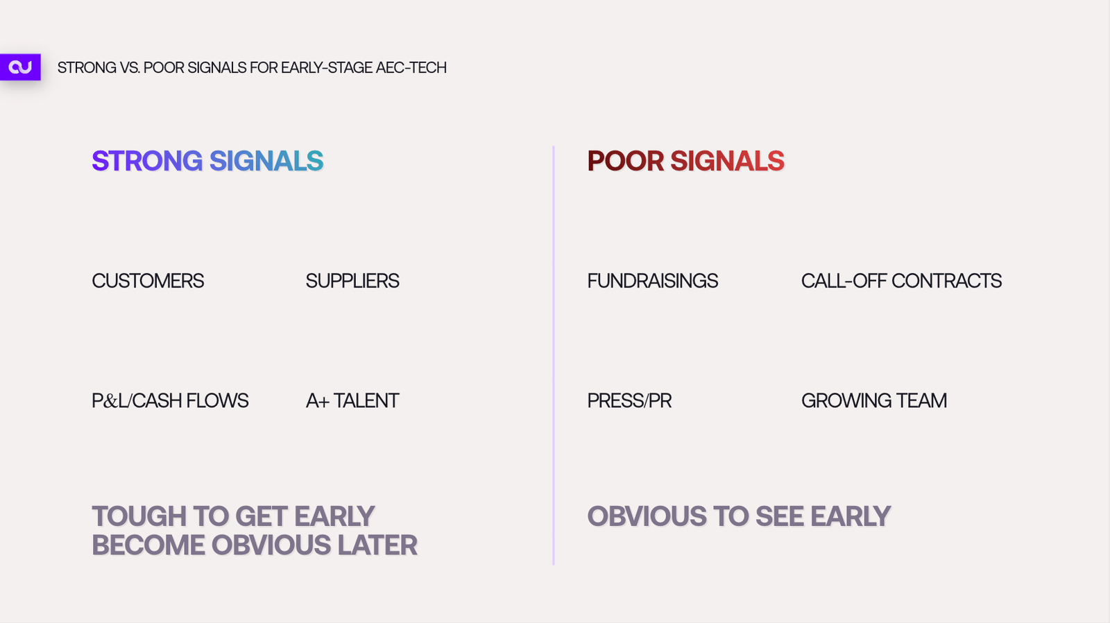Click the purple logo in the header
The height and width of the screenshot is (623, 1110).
tap(20, 67)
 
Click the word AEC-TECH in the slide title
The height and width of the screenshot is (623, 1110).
tap(411, 67)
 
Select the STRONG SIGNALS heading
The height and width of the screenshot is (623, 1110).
tap(207, 161)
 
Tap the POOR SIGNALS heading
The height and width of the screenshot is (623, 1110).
tap(686, 161)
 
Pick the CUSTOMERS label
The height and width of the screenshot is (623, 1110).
tap(148, 281)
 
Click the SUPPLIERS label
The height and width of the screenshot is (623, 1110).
tap(352, 281)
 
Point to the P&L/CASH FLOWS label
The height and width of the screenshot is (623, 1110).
tap(170, 401)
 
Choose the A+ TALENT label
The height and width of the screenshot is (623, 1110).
tap(352, 401)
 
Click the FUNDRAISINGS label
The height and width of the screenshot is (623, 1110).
tap(653, 281)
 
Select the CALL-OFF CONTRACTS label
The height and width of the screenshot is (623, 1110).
tap(901, 281)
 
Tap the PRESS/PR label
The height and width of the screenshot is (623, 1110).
tap(629, 401)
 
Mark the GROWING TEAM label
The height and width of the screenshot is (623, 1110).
tap(874, 401)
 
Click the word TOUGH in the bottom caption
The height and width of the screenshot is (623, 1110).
tap(139, 516)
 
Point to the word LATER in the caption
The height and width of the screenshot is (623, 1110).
tap(377, 545)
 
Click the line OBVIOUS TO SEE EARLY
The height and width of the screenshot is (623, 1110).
tap(739, 516)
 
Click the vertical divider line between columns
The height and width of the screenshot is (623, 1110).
tap(554, 356)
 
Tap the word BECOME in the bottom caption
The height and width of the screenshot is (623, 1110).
tap(148, 545)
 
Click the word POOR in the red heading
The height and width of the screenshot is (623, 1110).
tap(625, 161)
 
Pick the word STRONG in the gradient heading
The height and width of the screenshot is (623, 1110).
tap(147, 161)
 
